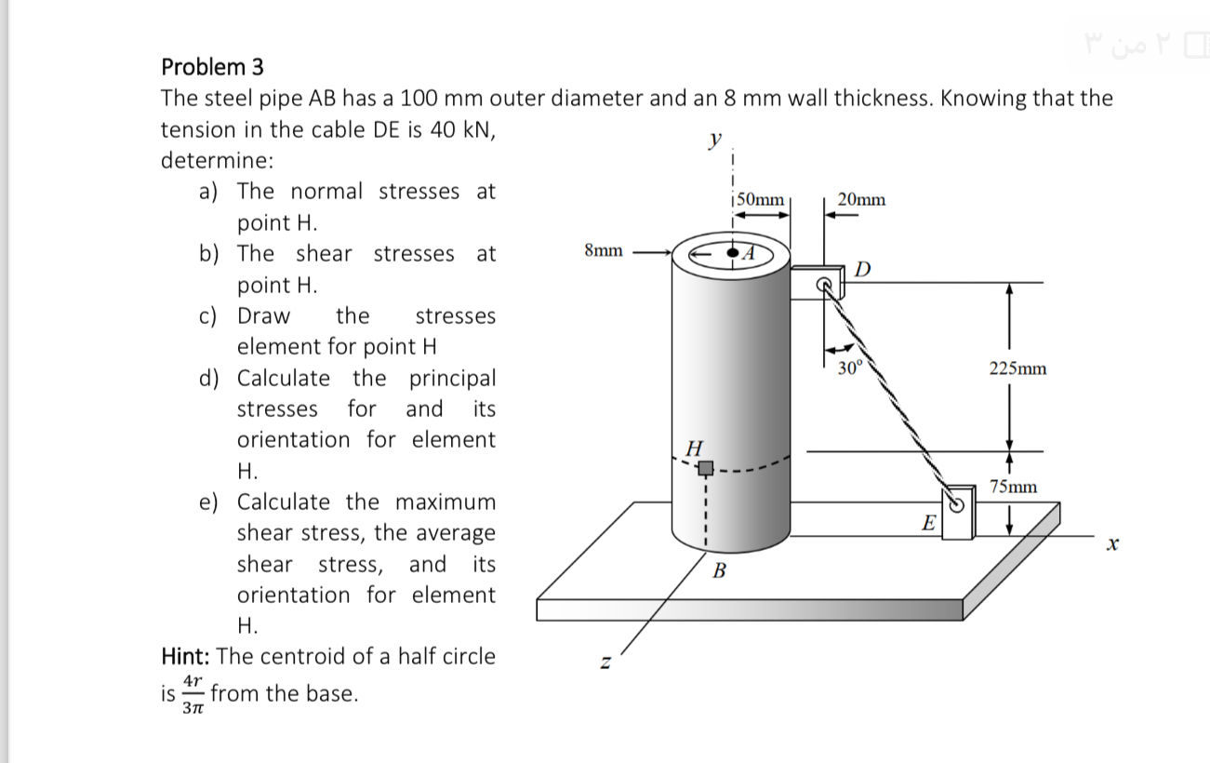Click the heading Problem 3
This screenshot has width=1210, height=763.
point(212,67)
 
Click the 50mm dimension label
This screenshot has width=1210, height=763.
point(760,199)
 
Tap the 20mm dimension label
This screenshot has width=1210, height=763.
point(861,199)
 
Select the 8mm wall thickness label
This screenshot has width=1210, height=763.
point(604,250)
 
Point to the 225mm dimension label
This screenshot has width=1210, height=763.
point(1017,368)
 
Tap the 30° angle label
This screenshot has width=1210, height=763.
point(850,367)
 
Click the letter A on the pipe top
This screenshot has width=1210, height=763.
point(751,251)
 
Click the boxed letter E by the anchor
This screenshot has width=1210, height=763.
point(927,524)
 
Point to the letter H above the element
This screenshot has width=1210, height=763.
point(692,448)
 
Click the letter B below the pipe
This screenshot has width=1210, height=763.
point(718,570)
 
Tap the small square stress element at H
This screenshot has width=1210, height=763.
point(707,467)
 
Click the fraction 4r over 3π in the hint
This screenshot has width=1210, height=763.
point(192,694)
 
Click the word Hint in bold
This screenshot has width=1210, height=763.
point(185,656)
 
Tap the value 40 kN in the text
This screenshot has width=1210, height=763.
point(459,129)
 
